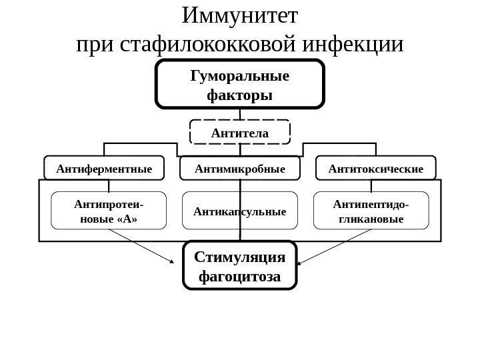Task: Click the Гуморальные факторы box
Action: tap(240, 84)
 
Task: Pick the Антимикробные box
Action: tap(240, 169)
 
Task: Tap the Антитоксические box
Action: tap(376, 169)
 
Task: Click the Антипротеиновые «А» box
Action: tap(109, 211)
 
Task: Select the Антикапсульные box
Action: tap(239, 211)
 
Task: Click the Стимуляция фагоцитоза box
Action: tap(240, 265)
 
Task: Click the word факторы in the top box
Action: tap(240, 95)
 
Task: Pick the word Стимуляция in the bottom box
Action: tap(240, 257)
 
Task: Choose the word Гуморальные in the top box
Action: tap(240, 75)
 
